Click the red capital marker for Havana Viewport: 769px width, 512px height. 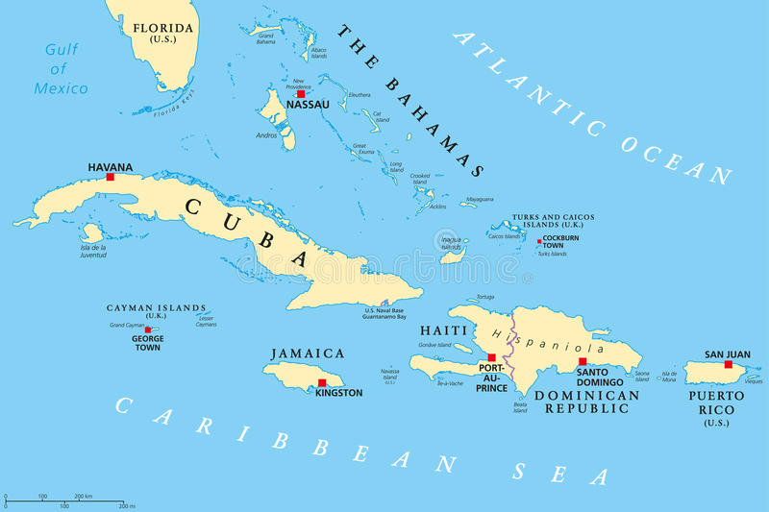tap(111, 177)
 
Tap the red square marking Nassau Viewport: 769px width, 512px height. tap(301, 94)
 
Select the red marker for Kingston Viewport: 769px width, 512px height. tap(322, 382)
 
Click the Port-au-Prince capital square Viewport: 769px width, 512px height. tap(491, 357)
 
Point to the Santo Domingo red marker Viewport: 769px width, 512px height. tap(582, 362)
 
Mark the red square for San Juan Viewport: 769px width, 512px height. tap(728, 364)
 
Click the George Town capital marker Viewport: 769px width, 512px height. tap(148, 329)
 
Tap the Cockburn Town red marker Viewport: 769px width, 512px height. tap(539, 241)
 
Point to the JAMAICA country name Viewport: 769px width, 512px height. tap(307, 354)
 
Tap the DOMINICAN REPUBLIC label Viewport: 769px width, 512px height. tap(586, 402)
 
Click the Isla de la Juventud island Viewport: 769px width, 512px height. tap(91, 232)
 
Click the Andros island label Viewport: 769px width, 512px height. tap(267, 135)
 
